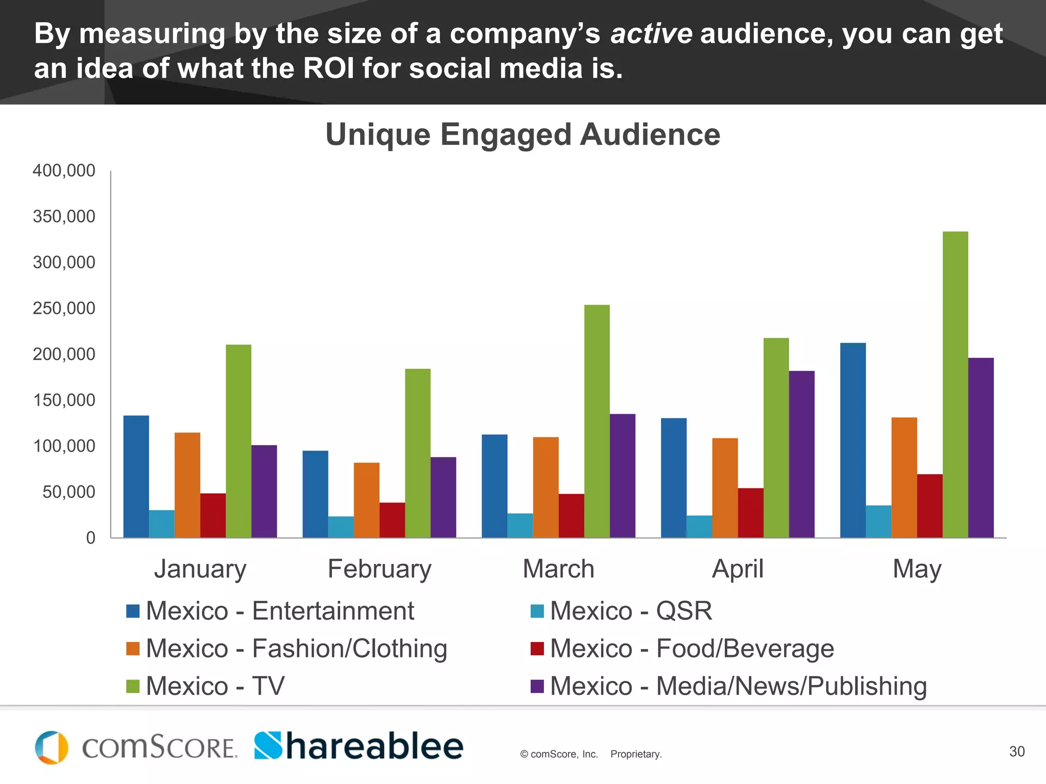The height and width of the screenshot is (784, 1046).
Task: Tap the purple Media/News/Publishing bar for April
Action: tap(801, 454)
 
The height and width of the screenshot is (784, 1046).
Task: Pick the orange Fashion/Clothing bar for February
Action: tap(367, 500)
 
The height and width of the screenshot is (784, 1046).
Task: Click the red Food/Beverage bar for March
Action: tap(571, 516)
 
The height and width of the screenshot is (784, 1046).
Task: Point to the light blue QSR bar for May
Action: tap(878, 521)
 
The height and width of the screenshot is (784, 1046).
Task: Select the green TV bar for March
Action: tap(597, 421)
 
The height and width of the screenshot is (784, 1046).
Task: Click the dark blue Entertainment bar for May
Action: tap(853, 440)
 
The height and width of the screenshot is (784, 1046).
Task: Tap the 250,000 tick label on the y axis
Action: tap(64, 308)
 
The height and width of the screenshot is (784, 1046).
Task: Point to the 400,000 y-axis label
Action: tap(64, 170)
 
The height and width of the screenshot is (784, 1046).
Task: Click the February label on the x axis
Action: tap(379, 569)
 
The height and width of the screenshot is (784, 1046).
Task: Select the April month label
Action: tap(738, 569)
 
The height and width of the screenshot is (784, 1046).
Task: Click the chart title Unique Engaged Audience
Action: tap(523, 134)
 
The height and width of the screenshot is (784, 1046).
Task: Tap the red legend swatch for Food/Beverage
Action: tap(537, 648)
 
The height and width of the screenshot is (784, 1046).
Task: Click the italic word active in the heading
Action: tap(651, 34)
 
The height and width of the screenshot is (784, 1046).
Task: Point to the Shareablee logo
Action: tap(359, 746)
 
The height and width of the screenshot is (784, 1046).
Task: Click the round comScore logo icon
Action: tap(52, 747)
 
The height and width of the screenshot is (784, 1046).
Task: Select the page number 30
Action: tap(1016, 751)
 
